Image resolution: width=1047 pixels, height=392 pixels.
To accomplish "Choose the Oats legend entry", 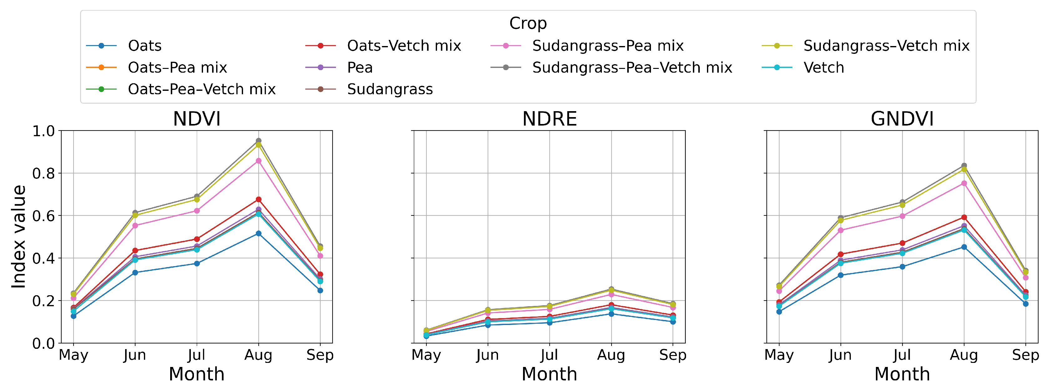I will click(144, 45).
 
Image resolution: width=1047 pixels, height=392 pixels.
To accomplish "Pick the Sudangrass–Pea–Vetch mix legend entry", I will click(632, 68).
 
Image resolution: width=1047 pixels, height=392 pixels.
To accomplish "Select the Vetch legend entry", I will click(823, 68).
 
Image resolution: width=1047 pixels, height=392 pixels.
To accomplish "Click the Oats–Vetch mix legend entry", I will click(404, 45).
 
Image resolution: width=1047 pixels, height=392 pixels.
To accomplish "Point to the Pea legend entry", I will click(359, 68).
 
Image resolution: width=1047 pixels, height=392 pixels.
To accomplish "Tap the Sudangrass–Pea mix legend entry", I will click(607, 45).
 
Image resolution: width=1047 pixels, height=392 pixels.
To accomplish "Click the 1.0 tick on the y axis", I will click(43, 131).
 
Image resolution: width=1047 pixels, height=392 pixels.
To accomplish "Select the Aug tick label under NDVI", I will click(258, 355).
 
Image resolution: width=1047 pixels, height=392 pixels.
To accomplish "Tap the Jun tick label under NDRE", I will click(487, 355).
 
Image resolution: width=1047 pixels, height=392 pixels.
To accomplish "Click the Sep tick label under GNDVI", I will click(1025, 355).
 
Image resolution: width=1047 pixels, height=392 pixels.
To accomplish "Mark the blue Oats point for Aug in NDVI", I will click(258, 233).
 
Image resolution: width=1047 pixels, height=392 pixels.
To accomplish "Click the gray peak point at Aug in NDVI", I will click(258, 141).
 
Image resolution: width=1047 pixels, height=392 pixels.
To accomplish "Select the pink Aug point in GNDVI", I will click(964, 183).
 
